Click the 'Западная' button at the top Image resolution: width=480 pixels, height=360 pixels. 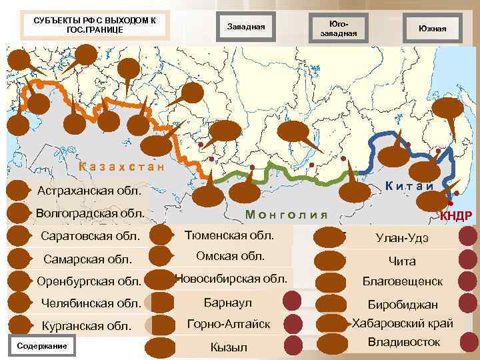pyautogui.click(x=246, y=27)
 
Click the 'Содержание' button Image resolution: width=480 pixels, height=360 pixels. pyautogui.click(x=42, y=346)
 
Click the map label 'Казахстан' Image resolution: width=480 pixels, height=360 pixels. pyautogui.click(x=121, y=167)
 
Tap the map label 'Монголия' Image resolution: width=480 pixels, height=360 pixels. pyautogui.click(x=287, y=214)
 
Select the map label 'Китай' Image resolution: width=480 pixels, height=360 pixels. pyautogui.click(x=409, y=186)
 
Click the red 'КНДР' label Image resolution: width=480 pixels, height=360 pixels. pyautogui.click(x=456, y=215)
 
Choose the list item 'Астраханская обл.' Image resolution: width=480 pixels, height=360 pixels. pyautogui.click(x=89, y=191)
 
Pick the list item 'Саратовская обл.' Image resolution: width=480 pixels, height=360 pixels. pyautogui.click(x=91, y=236)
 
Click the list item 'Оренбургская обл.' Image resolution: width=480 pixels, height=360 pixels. pyautogui.click(x=89, y=281)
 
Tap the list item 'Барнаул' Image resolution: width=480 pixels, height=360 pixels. pyautogui.click(x=228, y=303)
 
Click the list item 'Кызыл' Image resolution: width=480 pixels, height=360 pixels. pyautogui.click(x=228, y=347)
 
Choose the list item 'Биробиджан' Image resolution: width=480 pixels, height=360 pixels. pyautogui.click(x=402, y=304)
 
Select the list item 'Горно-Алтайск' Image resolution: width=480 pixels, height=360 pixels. pyautogui.click(x=228, y=325)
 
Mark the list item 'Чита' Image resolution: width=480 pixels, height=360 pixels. pyautogui.click(x=402, y=261)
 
